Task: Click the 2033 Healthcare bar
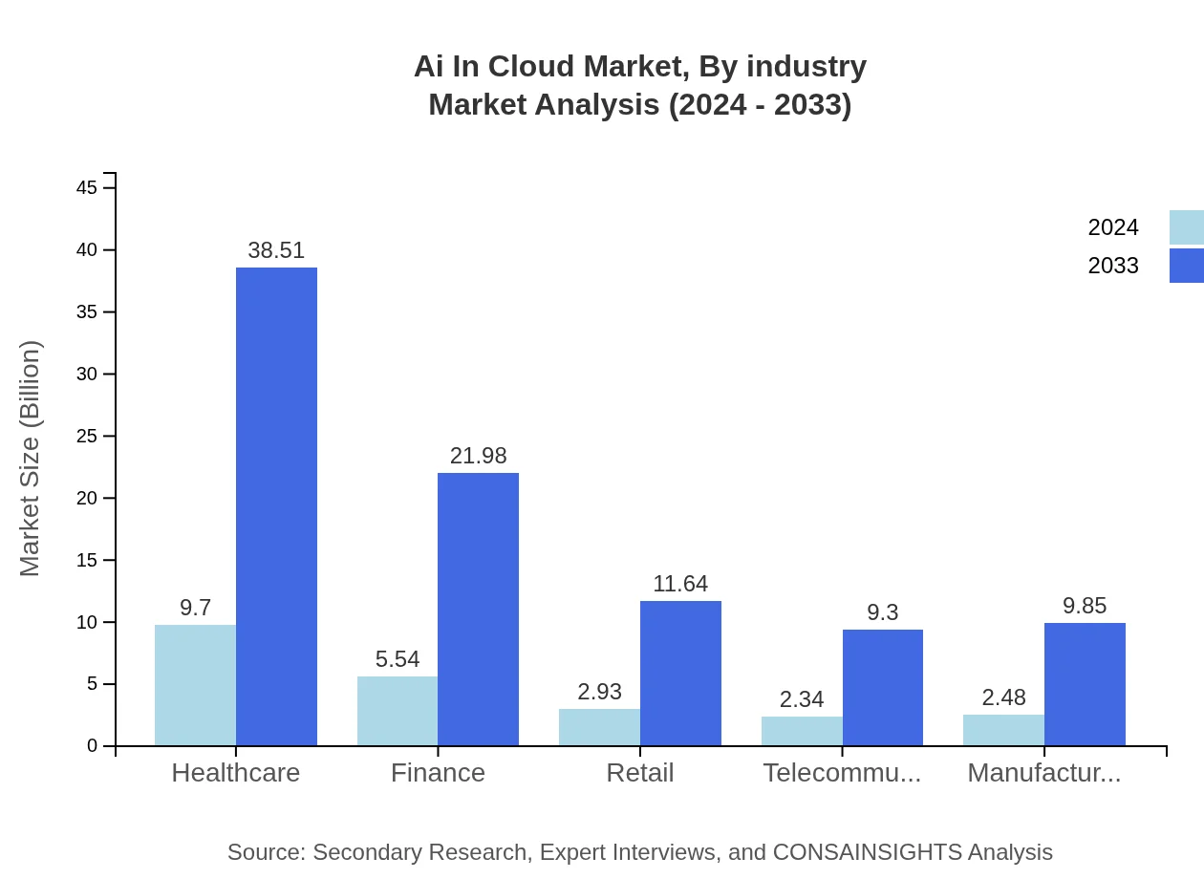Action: pos(276,506)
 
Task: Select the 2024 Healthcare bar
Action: pos(195,685)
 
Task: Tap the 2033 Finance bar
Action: pos(478,609)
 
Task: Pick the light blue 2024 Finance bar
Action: pos(398,711)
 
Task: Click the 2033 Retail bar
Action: pos(680,673)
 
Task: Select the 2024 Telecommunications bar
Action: pos(802,731)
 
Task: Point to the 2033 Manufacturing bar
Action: pos(1085,684)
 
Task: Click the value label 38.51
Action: pos(276,250)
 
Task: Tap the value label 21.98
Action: pos(478,456)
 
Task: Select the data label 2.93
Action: pos(599,692)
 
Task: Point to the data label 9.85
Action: pos(1085,606)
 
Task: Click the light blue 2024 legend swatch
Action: pos(1186,227)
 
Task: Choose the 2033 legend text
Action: pos(1113,266)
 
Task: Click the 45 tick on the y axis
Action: pos(87,188)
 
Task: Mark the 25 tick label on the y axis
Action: pos(87,437)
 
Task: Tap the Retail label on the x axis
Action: pos(640,773)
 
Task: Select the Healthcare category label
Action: pos(236,773)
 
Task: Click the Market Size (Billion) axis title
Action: pos(31,459)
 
